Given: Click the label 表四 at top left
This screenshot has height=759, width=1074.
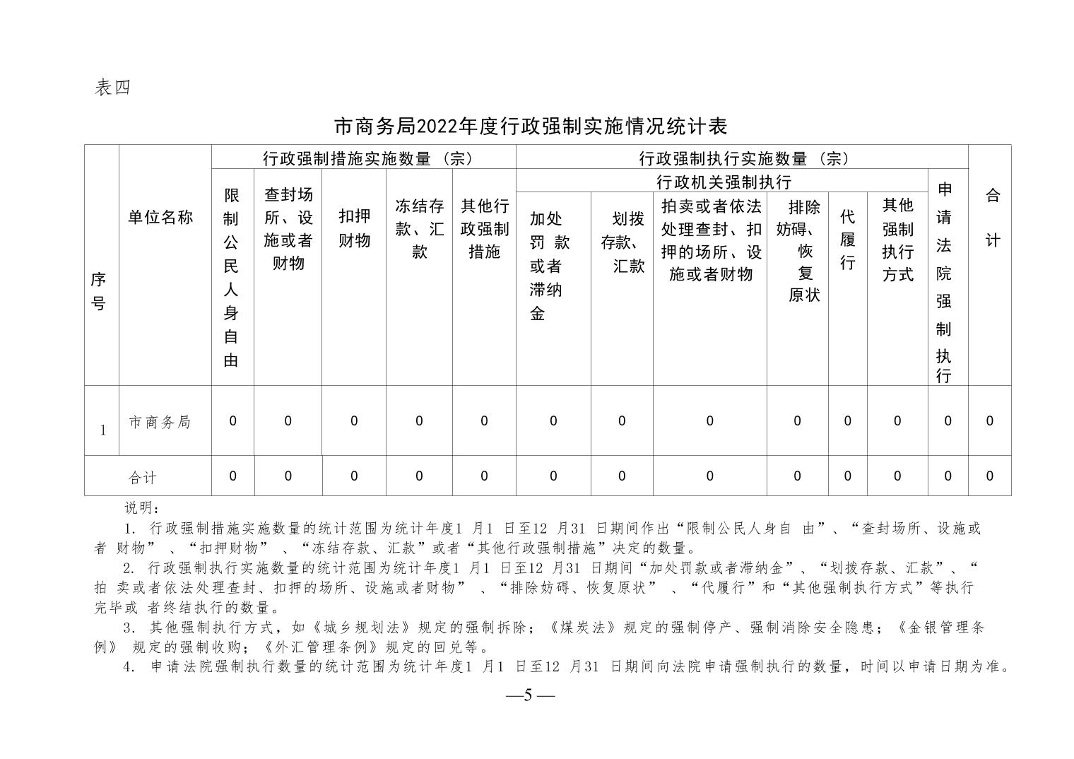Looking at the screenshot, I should (x=113, y=88).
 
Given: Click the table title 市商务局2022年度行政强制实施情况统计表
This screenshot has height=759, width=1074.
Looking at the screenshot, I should (x=530, y=126).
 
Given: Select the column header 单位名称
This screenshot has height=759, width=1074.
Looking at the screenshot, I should (x=160, y=217).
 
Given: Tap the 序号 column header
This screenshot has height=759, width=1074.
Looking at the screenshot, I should (x=99, y=291).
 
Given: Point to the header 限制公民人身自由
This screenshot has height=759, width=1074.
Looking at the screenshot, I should (x=231, y=277).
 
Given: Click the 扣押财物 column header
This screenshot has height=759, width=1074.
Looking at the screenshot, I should (x=354, y=228).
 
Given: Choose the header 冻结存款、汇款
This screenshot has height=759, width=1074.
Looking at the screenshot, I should (x=419, y=228).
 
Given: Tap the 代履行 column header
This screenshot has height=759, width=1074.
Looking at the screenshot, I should (x=847, y=240).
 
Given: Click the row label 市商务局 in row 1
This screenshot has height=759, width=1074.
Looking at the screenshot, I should (x=160, y=422).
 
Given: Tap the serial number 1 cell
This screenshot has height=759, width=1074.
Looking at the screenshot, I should (x=103, y=430).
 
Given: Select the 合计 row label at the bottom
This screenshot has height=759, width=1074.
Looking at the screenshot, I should (x=142, y=478).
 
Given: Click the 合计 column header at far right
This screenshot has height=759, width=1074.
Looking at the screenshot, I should (x=992, y=218).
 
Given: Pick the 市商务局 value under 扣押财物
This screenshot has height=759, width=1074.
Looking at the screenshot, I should (x=354, y=421).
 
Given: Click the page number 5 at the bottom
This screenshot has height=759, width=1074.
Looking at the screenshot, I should (x=529, y=695).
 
